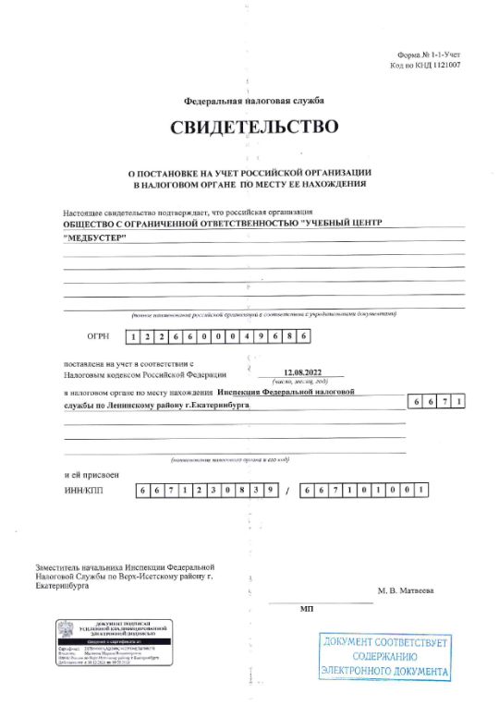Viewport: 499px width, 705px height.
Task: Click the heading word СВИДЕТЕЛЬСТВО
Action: coord(253,127)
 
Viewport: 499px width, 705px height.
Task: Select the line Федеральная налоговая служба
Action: coord(253,100)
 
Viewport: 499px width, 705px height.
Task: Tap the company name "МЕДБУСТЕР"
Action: coord(96,238)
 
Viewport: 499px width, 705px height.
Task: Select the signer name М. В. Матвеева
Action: coord(407,590)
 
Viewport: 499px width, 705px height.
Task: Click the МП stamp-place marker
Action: coord(307,610)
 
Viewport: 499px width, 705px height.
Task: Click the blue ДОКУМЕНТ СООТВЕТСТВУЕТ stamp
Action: coord(384,657)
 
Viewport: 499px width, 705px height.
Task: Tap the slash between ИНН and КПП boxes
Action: coord(288,491)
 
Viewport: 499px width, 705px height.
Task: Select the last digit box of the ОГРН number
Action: coord(301,336)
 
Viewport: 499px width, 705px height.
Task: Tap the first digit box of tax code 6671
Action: coord(418,401)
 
